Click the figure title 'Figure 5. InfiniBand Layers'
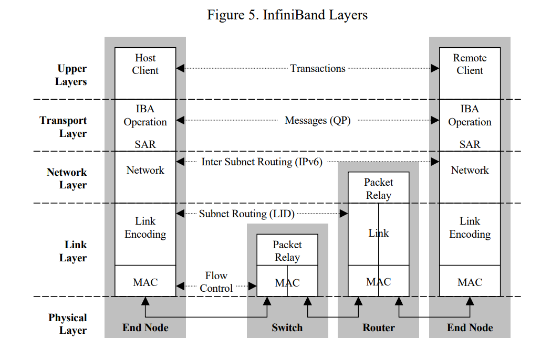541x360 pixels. click(x=287, y=15)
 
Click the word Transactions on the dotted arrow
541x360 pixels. click(x=318, y=68)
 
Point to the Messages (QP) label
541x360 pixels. click(x=317, y=120)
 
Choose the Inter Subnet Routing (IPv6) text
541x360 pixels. click(x=262, y=162)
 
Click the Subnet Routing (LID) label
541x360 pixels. click(x=246, y=214)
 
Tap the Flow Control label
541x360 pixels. click(x=216, y=282)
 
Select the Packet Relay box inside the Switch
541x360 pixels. click(x=287, y=251)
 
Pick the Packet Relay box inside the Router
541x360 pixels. click(x=378, y=188)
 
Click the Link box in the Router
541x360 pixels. click(x=378, y=233)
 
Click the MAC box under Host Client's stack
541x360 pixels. click(x=145, y=282)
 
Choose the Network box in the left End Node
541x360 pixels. click(x=145, y=171)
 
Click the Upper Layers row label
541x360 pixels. click(x=71, y=75)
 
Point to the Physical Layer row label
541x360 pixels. click(x=68, y=324)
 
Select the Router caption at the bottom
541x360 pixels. click(x=378, y=327)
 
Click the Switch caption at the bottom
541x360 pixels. click(x=287, y=327)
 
